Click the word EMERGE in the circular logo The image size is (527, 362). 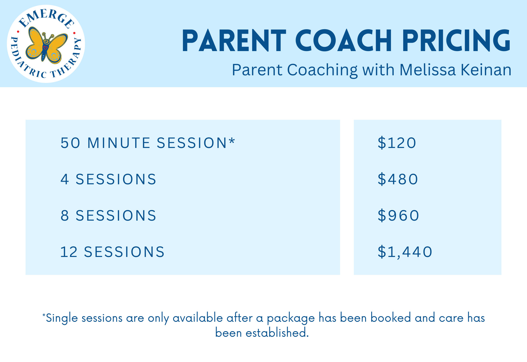coord(46,17)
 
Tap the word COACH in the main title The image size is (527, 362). coord(344,41)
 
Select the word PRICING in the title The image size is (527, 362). coord(457,41)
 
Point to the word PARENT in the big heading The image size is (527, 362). coord(234,41)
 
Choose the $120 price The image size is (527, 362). coord(397,143)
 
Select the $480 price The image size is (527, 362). coord(398,179)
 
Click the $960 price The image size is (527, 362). coord(398,216)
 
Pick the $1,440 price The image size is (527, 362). coord(405,252)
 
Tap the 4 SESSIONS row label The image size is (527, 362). coord(109,179)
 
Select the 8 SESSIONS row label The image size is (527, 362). coord(109,216)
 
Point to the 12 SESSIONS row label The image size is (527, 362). coord(113,252)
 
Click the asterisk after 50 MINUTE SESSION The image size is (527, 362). coord(232,141)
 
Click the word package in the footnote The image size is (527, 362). coord(291,319)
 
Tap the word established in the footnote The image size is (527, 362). coord(277,333)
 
